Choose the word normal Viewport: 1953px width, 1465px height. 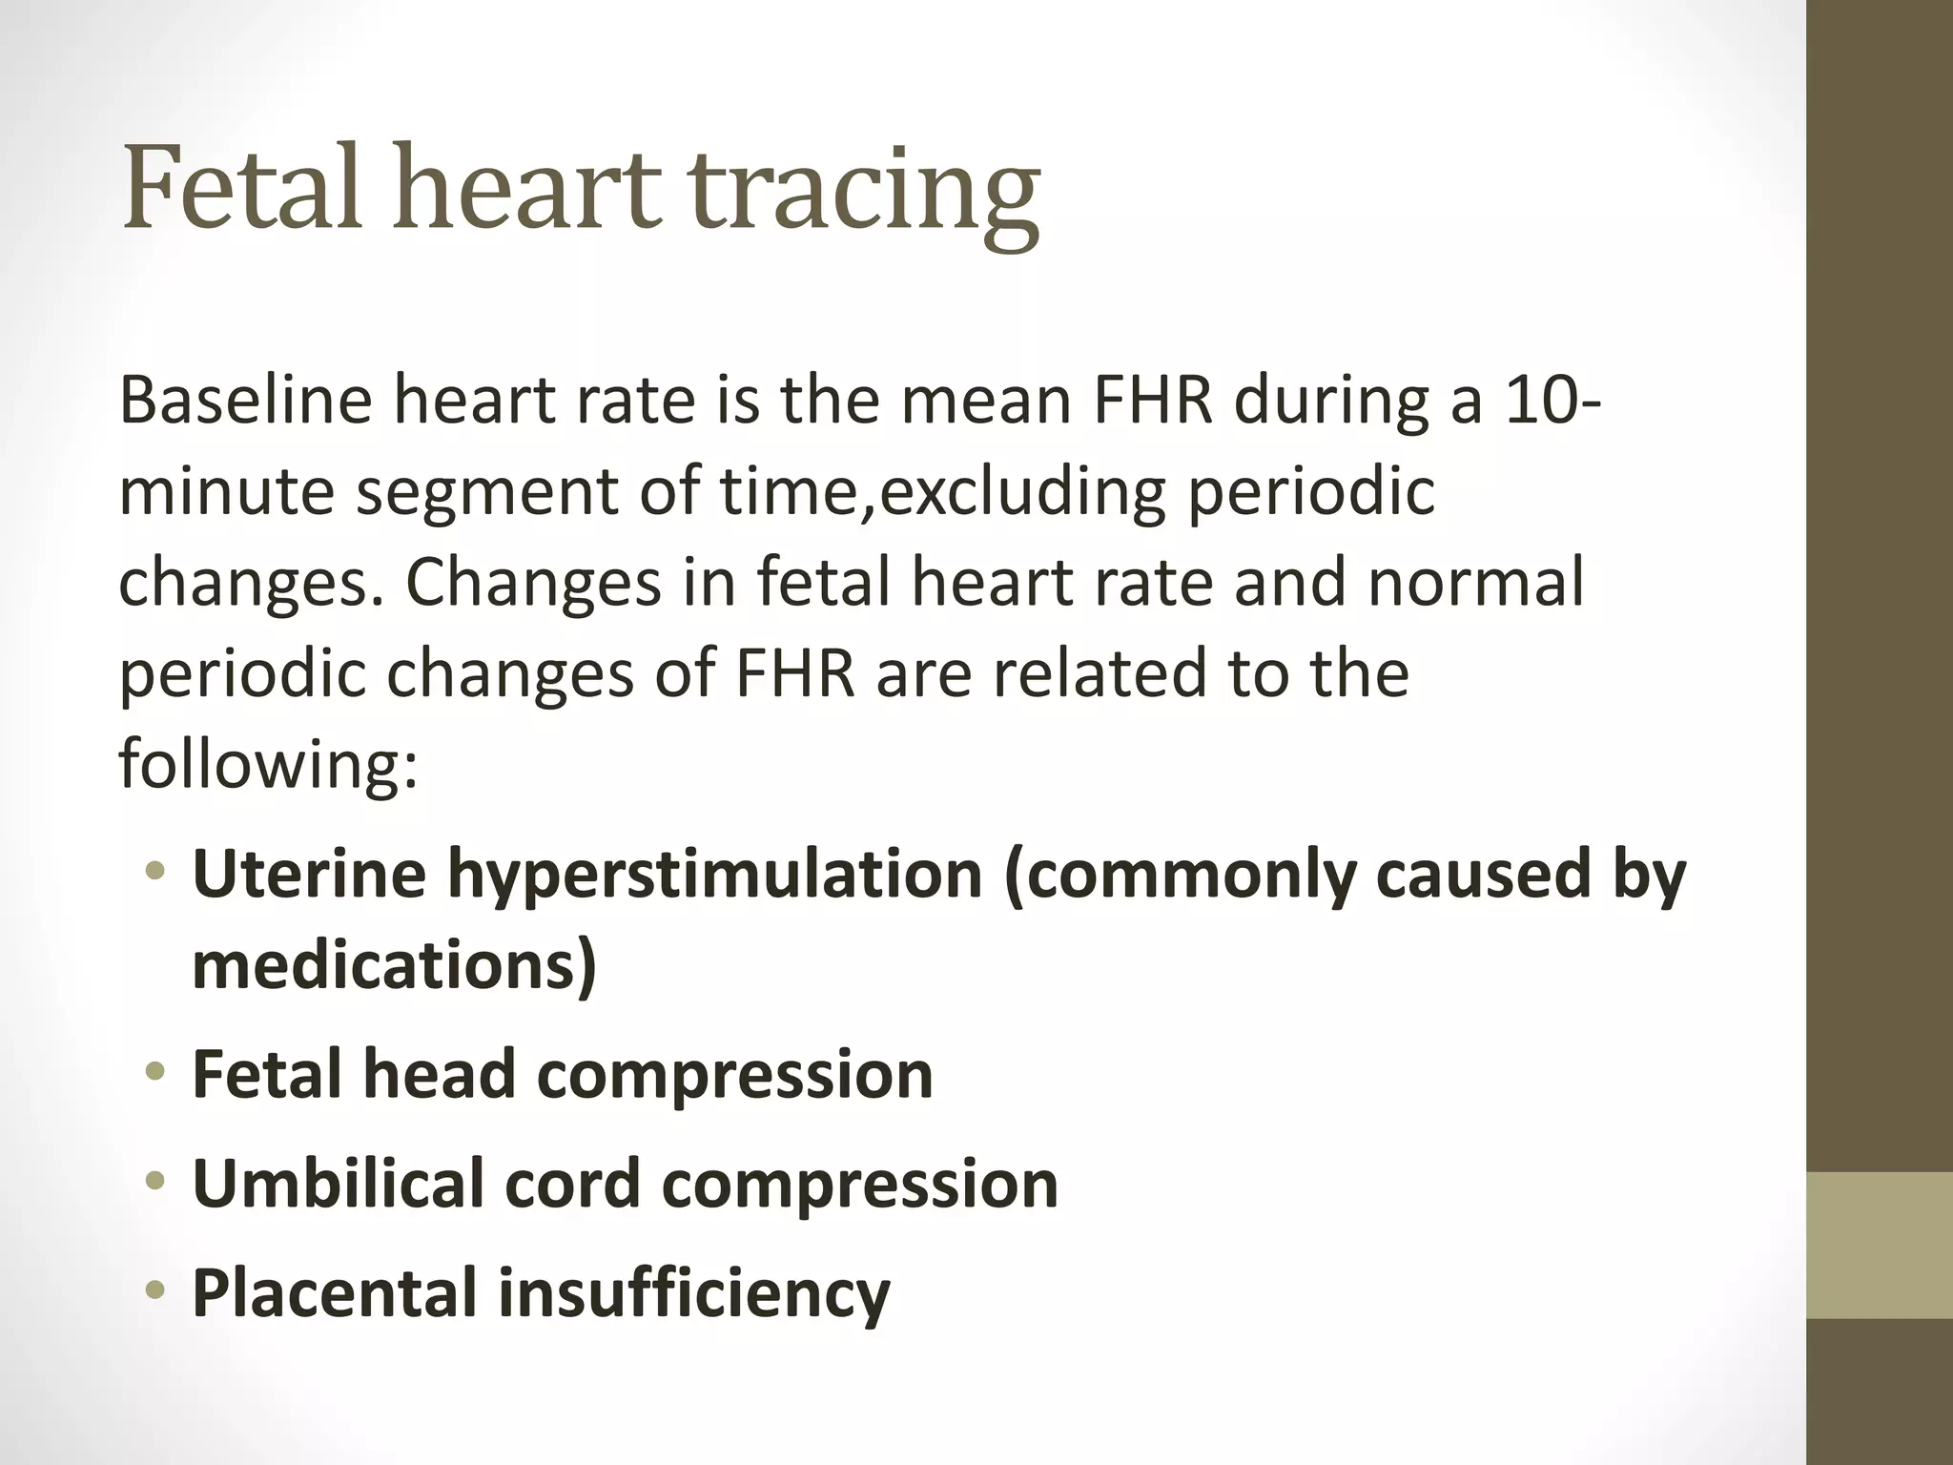(1475, 582)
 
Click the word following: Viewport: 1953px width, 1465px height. (268, 764)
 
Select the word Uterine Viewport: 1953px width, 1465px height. (309, 874)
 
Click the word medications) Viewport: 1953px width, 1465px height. (394, 965)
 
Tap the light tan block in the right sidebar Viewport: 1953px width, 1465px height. (1880, 1246)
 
